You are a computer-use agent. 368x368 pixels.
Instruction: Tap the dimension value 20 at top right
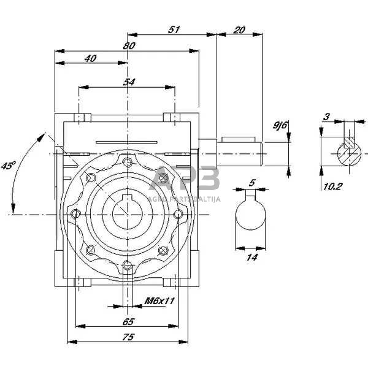pos(240,29)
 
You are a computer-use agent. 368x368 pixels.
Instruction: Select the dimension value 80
pos(128,45)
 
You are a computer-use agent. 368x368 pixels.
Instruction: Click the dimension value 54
pos(129,82)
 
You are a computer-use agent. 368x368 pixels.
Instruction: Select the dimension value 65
pos(128,321)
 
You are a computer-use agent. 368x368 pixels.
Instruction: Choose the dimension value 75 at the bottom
pos(128,337)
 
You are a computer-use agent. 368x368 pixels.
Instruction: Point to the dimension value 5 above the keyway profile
pos(251,182)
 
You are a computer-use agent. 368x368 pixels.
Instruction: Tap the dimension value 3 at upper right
pos(327,117)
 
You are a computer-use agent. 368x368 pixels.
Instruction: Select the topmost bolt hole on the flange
pos(127,163)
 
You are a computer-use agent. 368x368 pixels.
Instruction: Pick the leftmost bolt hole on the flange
pos(77,213)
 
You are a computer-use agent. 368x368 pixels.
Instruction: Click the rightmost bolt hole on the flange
pos(178,213)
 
